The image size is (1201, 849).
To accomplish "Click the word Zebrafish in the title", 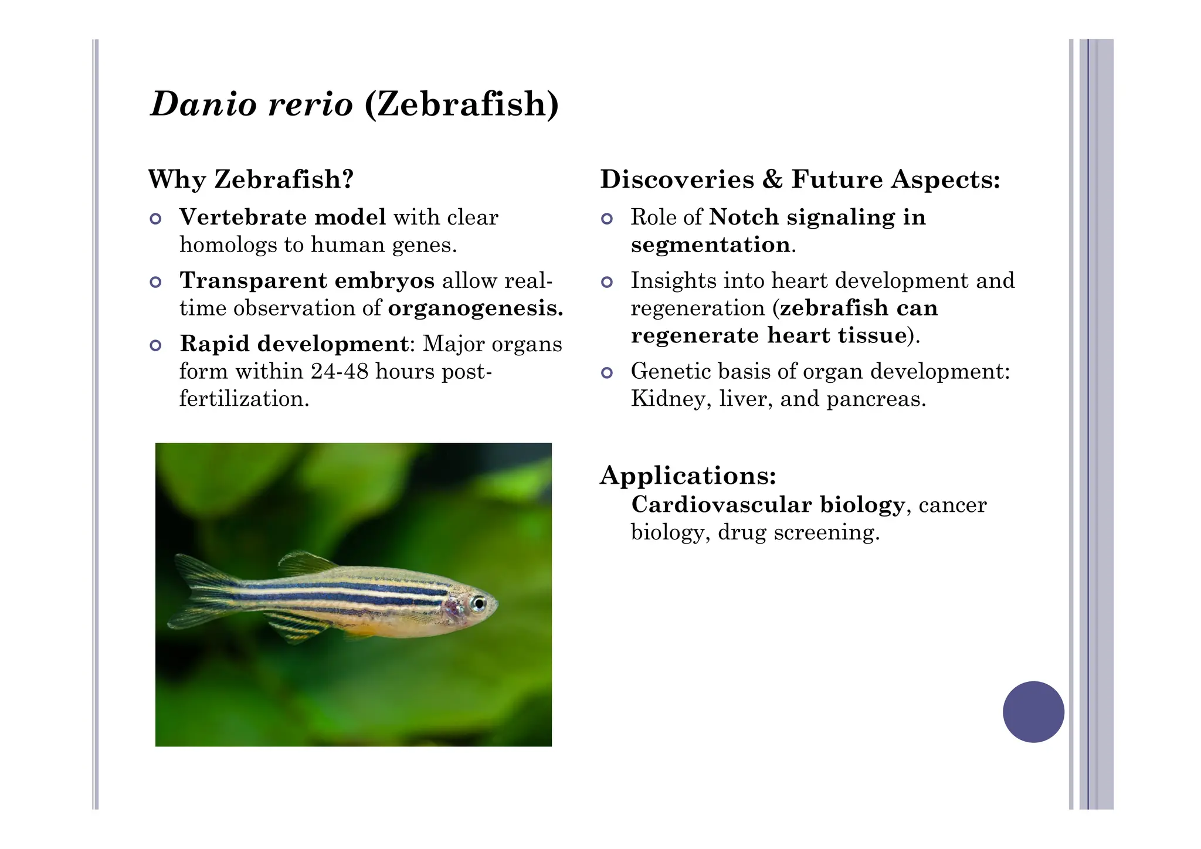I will pyautogui.click(x=462, y=104).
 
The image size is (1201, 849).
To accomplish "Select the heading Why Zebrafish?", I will pyautogui.click(x=251, y=179).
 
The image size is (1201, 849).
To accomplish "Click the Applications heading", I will pyautogui.click(x=688, y=476).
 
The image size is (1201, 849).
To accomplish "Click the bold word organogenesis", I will pyautogui.click(x=475, y=308).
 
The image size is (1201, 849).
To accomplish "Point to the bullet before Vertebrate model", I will pyautogui.click(x=155, y=219).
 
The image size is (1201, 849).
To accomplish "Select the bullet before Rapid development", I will pyautogui.click(x=155, y=345).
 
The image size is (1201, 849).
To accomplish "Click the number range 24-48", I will pyautogui.click(x=340, y=372).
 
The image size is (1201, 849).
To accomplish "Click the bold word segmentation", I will pyautogui.click(x=710, y=245).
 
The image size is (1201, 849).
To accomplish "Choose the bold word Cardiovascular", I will pyautogui.click(x=721, y=505).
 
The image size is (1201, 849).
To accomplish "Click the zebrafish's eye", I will pyautogui.click(x=479, y=603).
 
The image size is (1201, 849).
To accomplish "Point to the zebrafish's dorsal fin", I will pyautogui.click(x=305, y=563).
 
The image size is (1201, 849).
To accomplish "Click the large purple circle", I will pyautogui.click(x=1033, y=712).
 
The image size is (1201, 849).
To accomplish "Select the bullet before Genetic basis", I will pyautogui.click(x=607, y=373).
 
